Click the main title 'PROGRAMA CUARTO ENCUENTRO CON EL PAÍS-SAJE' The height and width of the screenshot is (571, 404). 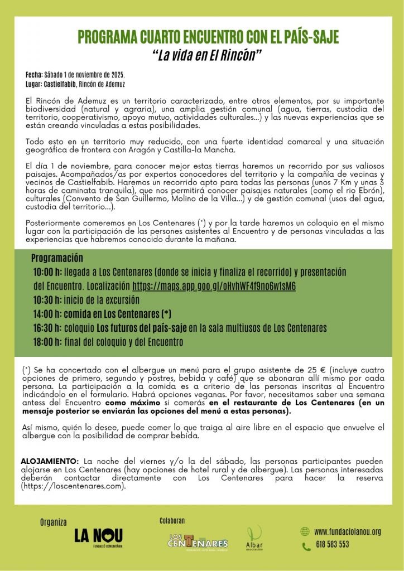(x=208, y=37)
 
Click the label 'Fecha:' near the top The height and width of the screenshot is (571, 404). (x=33, y=75)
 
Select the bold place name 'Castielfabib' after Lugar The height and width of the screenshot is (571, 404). (x=60, y=84)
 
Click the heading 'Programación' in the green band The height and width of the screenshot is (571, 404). (x=57, y=258)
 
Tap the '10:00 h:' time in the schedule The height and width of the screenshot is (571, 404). (x=47, y=272)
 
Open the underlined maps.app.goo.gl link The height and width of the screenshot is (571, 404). (x=214, y=286)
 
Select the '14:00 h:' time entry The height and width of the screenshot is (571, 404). (x=47, y=314)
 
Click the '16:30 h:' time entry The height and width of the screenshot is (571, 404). (x=47, y=328)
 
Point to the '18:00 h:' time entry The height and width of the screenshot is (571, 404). (x=47, y=342)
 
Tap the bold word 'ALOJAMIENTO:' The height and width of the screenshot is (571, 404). (x=50, y=462)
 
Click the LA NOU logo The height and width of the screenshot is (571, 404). (x=98, y=536)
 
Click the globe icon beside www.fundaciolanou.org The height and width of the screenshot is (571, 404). (x=305, y=531)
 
